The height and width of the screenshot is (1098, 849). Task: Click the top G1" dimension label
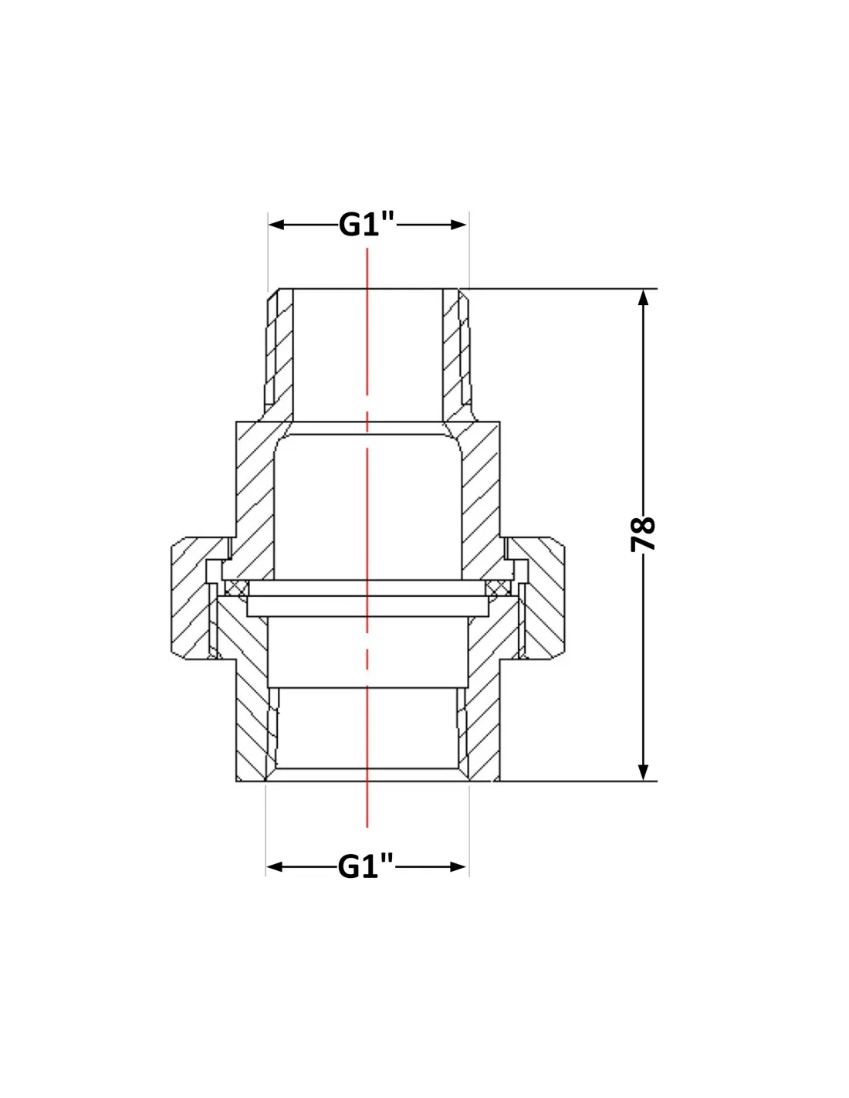[x=366, y=224]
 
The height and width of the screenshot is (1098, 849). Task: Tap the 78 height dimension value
[x=643, y=534]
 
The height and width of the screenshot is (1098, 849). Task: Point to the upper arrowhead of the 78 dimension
[x=643, y=297]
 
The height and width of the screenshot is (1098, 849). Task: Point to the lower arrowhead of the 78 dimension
[x=643, y=773]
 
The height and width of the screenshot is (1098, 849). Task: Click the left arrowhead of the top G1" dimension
[x=276, y=225]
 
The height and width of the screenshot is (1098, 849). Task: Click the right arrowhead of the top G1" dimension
[x=458, y=225]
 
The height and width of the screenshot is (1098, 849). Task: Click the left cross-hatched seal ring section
[x=236, y=588]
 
